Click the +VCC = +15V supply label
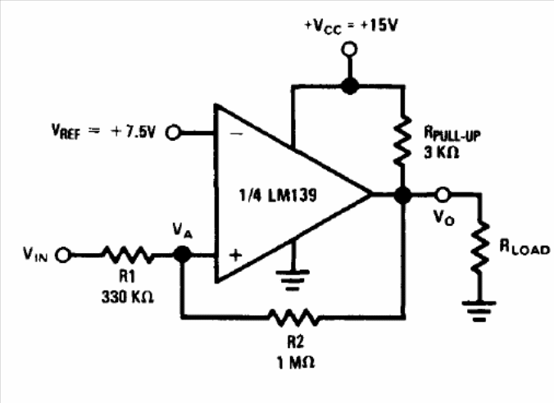click(x=351, y=26)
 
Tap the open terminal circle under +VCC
click(x=349, y=49)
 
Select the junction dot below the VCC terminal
click(x=350, y=86)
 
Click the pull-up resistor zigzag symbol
click(x=402, y=140)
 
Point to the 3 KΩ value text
click(x=441, y=152)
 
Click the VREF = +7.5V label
click(x=103, y=131)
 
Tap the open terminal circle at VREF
click(x=173, y=133)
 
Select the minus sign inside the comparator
click(x=236, y=134)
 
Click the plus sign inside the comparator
click(x=235, y=255)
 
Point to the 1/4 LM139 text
click(x=278, y=195)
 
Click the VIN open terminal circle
click(x=63, y=255)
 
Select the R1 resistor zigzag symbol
click(x=128, y=255)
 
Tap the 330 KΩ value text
click(x=128, y=297)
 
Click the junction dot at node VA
click(x=182, y=254)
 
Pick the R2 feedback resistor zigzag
click(x=294, y=317)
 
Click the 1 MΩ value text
click(x=295, y=362)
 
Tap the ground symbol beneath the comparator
click(x=293, y=280)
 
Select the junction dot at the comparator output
click(x=402, y=195)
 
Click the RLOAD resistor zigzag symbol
click(x=480, y=247)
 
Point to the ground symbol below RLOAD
click(x=479, y=311)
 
